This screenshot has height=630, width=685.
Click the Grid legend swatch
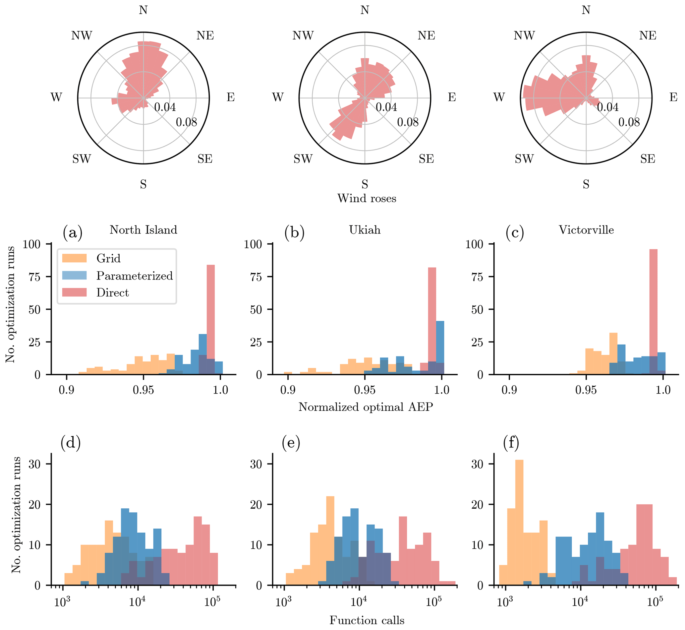tap(74, 258)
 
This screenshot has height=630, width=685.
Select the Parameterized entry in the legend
tap(134, 276)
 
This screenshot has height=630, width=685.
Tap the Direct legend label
tap(112, 292)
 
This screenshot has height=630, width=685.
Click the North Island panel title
tap(143, 230)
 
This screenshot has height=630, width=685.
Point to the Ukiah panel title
tap(365, 230)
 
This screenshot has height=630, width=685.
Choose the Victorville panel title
tap(586, 230)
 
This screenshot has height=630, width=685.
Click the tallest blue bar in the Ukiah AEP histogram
tap(440, 348)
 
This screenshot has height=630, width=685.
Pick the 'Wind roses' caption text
tap(367, 198)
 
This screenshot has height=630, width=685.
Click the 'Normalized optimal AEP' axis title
tap(366, 407)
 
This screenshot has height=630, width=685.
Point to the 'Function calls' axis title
tap(367, 620)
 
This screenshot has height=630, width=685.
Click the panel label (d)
tap(71, 443)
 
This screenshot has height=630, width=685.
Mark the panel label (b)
tap(294, 233)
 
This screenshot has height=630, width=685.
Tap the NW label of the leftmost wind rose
tap(82, 35)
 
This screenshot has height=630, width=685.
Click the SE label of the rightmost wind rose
tap(648, 159)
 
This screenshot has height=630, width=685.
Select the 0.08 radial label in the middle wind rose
tap(408, 122)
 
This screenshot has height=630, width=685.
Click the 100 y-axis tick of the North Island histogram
tap(32, 244)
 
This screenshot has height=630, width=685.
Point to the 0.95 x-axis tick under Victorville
tap(586, 390)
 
